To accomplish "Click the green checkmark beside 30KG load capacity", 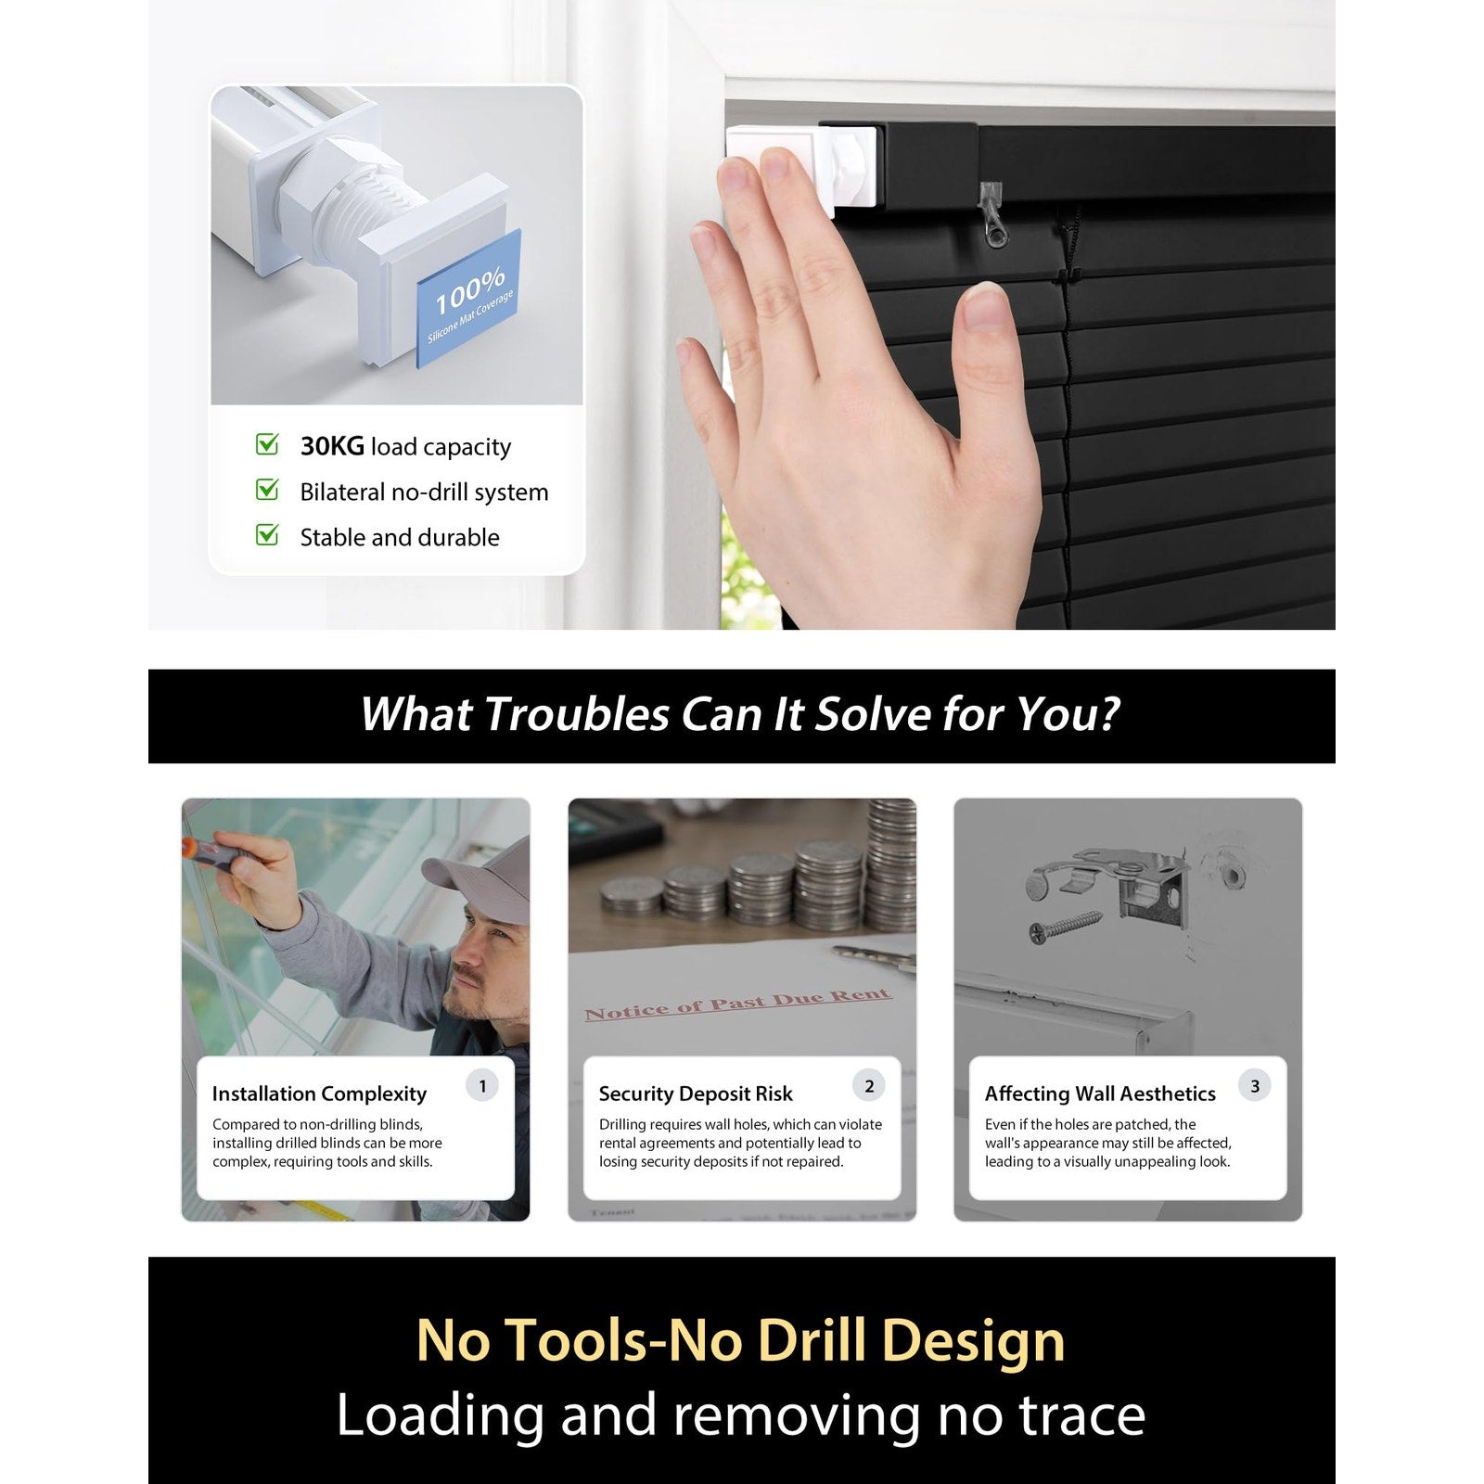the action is [267, 444].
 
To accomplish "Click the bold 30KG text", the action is [332, 446].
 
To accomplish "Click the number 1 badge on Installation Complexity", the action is [482, 1086].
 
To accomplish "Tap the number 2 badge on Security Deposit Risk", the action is [869, 1086].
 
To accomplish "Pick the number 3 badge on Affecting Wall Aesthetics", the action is [1255, 1086].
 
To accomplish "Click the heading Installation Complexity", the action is [319, 1094].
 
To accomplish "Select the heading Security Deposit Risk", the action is [696, 1094].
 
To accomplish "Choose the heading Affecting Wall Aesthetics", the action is [1100, 1094].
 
